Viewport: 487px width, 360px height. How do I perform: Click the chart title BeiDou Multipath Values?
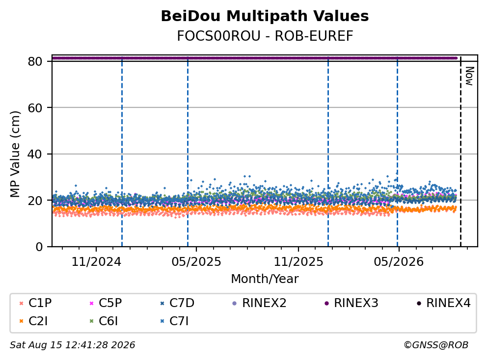[265, 16]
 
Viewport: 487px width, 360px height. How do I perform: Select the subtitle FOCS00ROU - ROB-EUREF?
[265, 36]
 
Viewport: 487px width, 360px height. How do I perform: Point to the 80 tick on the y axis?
[35, 61]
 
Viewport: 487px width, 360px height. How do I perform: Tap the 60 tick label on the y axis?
[35, 108]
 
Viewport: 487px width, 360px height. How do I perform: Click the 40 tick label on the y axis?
[35, 154]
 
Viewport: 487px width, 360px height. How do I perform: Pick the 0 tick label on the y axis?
[39, 247]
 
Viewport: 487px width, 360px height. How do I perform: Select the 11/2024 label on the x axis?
[96, 262]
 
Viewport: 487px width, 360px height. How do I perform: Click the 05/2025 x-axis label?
[196, 262]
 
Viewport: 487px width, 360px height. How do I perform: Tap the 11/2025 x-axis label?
[298, 262]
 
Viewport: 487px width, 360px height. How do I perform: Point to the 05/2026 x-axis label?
[399, 262]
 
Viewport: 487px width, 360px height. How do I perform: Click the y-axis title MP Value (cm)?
[15, 154]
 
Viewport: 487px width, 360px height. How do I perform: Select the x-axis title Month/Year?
[265, 279]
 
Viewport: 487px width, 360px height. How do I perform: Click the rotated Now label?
[469, 76]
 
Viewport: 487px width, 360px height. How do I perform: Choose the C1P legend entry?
[35, 303]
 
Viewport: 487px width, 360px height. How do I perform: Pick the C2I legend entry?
[33, 321]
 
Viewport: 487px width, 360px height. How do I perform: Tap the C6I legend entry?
[104, 321]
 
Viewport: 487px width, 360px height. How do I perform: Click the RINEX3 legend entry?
[352, 303]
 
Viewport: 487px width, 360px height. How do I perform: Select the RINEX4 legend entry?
[443, 303]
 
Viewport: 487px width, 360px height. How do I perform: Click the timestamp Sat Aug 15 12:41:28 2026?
[72, 345]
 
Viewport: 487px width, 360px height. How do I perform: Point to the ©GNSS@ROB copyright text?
[436, 345]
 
